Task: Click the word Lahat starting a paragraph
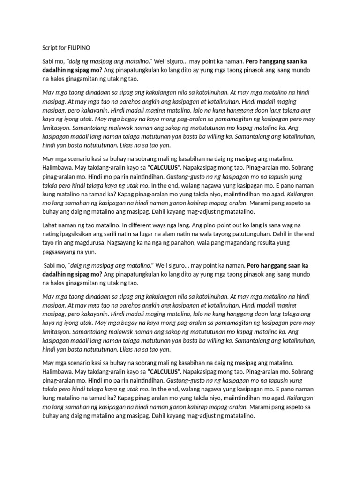51,225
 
